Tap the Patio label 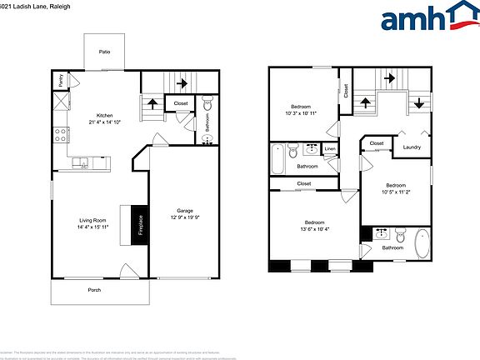[x=105, y=52]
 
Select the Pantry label [x=61, y=81]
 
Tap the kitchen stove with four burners [x=61, y=133]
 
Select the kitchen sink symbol [x=80, y=162]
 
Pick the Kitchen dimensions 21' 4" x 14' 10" [x=105, y=122]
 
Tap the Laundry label [x=411, y=147]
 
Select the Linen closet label [x=330, y=149]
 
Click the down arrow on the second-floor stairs [x=418, y=103]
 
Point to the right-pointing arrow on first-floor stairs [x=181, y=82]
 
